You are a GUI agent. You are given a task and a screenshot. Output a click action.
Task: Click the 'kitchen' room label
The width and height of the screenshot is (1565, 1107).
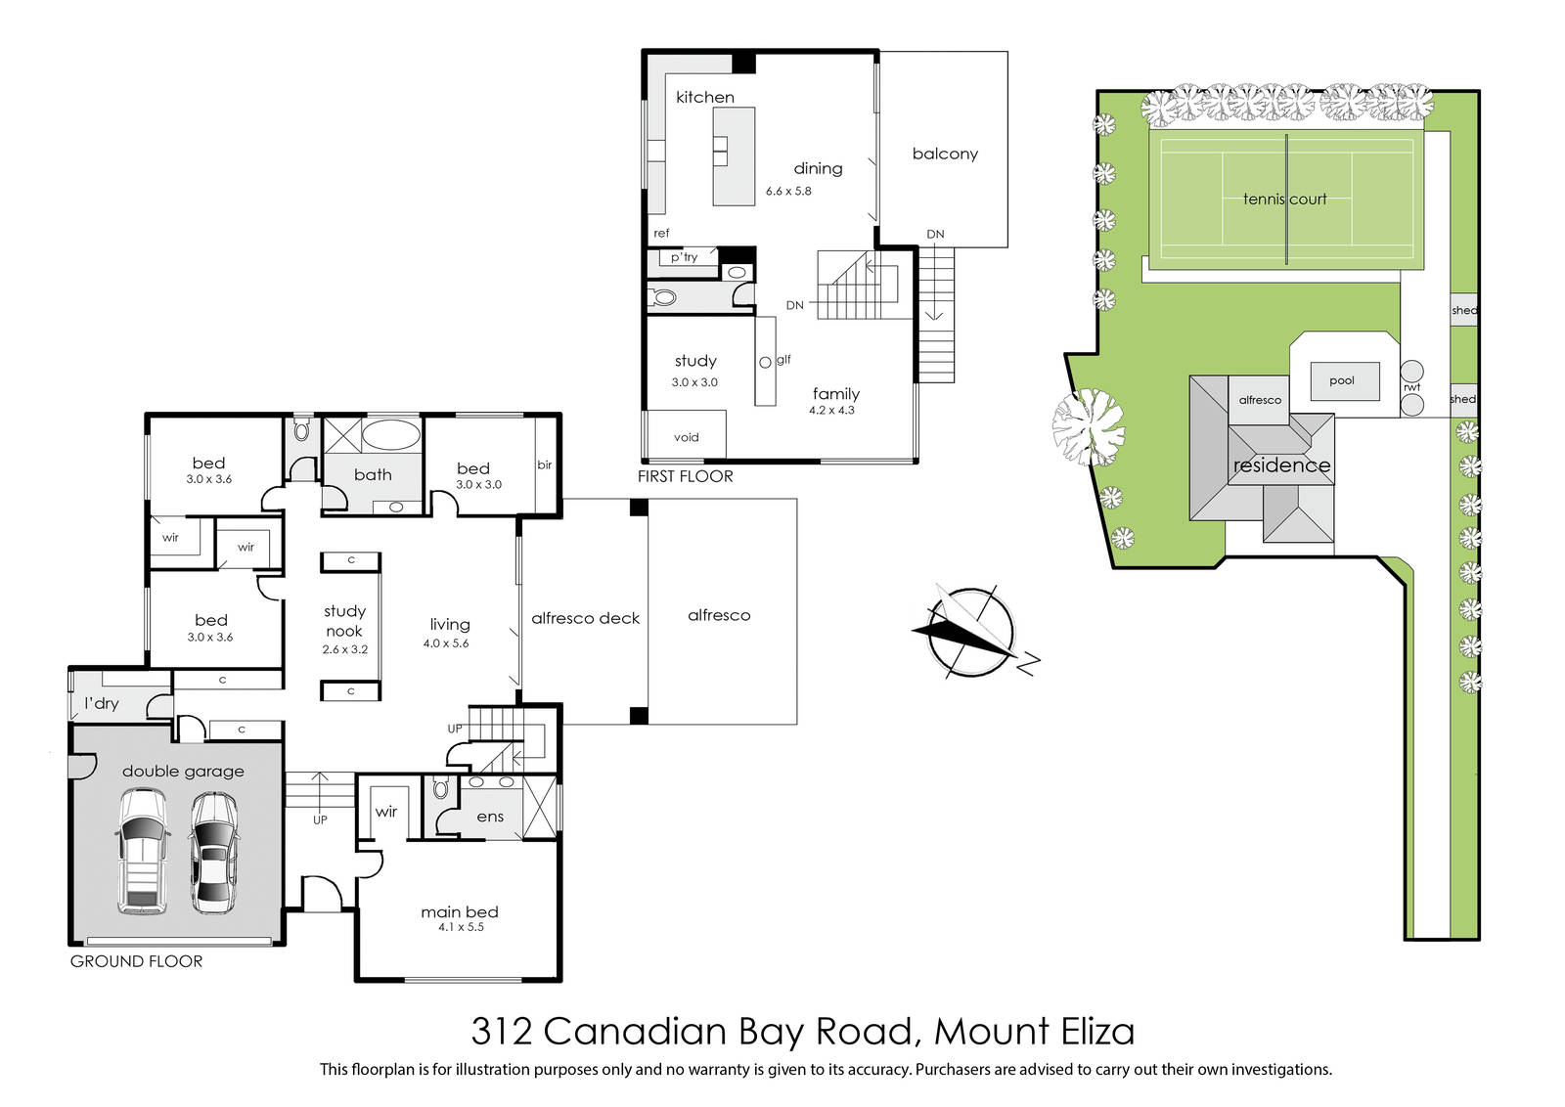coord(705,97)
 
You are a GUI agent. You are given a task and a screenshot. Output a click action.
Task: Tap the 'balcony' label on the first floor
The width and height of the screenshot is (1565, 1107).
coord(945,155)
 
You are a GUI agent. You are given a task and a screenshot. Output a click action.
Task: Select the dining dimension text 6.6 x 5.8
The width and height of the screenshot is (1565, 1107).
coord(788,191)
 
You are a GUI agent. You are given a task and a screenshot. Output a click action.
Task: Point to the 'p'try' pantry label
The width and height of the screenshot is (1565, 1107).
coord(685,257)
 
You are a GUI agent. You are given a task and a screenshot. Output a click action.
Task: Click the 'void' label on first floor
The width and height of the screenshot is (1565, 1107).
coord(686,437)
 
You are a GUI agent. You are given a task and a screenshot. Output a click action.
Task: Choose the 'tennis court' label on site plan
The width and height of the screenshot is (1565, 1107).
coord(1284,199)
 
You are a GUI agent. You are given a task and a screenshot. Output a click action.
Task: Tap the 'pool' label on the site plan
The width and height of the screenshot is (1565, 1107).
coord(1341,380)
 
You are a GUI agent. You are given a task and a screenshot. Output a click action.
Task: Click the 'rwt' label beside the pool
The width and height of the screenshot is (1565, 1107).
coord(1411,387)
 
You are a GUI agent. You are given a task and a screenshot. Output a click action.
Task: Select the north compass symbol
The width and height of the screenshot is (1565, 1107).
coord(972,632)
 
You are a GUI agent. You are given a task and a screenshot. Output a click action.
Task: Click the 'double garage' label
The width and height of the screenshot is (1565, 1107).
coord(183,771)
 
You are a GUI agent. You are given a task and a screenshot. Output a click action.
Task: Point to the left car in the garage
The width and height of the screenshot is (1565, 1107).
coord(143,852)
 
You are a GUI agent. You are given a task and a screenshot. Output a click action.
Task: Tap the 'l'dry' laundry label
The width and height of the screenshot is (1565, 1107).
coord(102,703)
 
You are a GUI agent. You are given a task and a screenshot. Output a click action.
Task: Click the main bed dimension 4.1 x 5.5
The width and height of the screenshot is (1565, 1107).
coord(461,927)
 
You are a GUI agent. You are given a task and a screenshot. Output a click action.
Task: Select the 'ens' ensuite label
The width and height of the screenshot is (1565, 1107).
coord(490,817)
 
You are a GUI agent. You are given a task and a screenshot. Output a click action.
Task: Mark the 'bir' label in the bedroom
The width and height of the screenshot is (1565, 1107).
coord(544,465)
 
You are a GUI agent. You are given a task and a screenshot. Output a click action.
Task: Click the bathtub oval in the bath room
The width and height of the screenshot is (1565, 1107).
coord(391,434)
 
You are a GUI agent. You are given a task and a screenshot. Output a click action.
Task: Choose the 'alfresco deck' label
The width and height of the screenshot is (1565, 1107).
coord(586,618)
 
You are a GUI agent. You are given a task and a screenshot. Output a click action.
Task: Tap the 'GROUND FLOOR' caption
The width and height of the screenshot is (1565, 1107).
coord(136,961)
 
